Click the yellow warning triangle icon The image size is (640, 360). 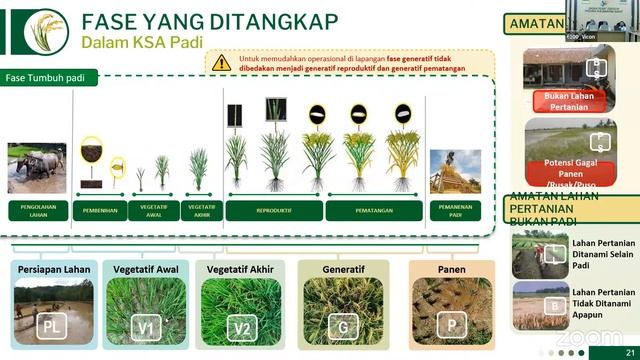(221, 62)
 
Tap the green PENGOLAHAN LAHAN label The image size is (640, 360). (37, 210)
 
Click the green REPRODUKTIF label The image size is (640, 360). (273, 210)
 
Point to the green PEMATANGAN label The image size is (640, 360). (373, 210)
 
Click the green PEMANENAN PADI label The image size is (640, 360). (456, 210)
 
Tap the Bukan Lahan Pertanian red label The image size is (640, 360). (569, 100)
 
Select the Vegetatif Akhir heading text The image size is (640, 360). (241, 268)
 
